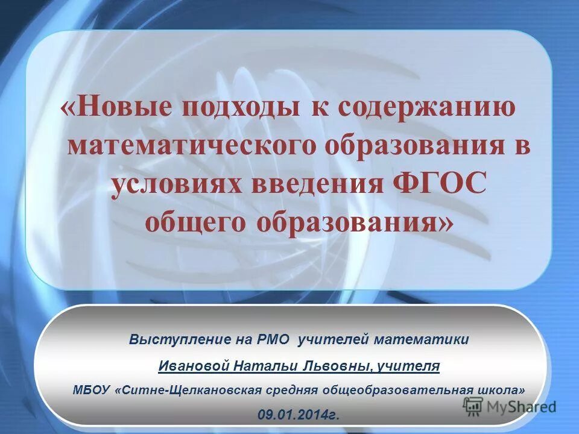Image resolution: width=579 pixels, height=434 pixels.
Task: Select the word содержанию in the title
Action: coord(426,108)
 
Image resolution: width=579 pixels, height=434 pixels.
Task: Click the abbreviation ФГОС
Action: coord(435,184)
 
